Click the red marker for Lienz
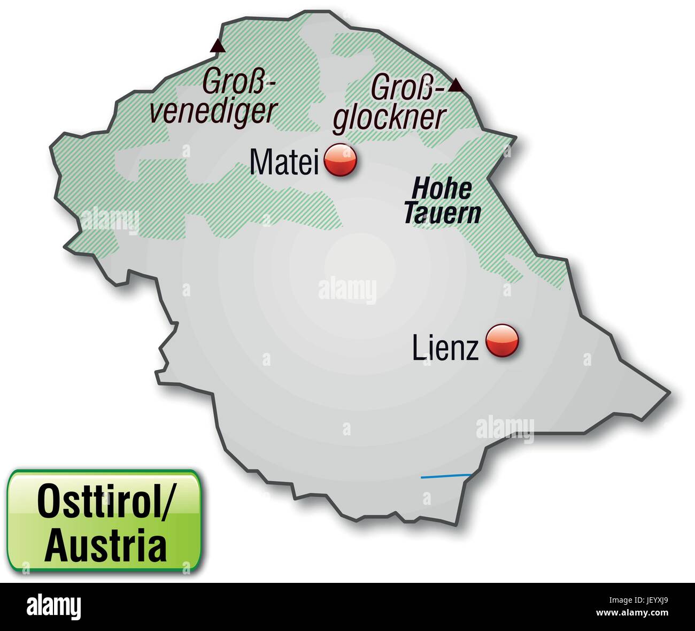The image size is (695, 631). click(502, 341)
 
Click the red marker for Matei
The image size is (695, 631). click(341, 160)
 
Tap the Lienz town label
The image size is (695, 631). click(445, 348)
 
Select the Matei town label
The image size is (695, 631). click(284, 161)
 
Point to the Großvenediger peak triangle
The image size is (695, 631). click(217, 47)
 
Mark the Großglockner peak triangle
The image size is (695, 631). click(455, 85)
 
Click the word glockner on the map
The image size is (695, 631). click(389, 117)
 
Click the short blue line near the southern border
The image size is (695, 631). click(445, 476)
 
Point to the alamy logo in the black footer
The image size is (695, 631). click(53, 606)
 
